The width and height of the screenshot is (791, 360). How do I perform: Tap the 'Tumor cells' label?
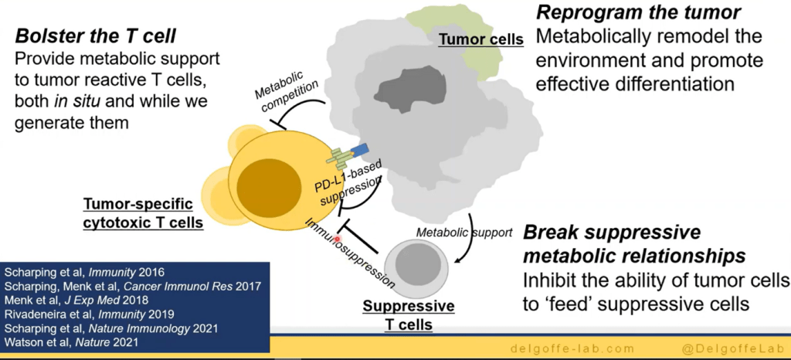(480, 39)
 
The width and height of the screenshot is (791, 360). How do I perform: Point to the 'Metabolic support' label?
(463, 232)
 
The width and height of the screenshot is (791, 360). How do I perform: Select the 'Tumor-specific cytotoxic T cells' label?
(143, 214)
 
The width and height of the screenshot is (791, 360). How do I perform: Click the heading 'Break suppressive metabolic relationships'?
(633, 244)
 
